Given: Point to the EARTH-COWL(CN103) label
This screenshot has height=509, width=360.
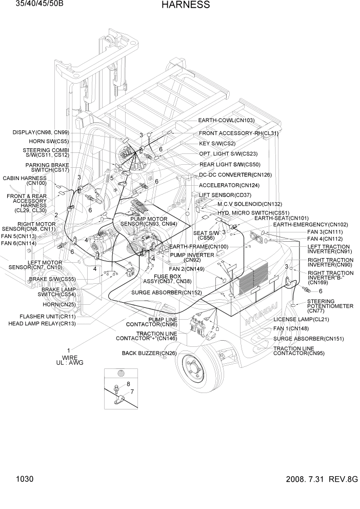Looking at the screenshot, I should click(226, 121).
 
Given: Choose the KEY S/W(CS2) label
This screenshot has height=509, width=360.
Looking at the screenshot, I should click(217, 144).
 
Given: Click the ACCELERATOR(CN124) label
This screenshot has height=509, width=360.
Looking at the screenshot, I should click(229, 185).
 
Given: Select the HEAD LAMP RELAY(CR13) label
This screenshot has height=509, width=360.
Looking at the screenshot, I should click(42, 324).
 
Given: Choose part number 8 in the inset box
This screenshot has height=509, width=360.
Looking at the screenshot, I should click(128, 384).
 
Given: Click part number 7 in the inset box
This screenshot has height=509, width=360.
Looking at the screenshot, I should click(131, 393).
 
